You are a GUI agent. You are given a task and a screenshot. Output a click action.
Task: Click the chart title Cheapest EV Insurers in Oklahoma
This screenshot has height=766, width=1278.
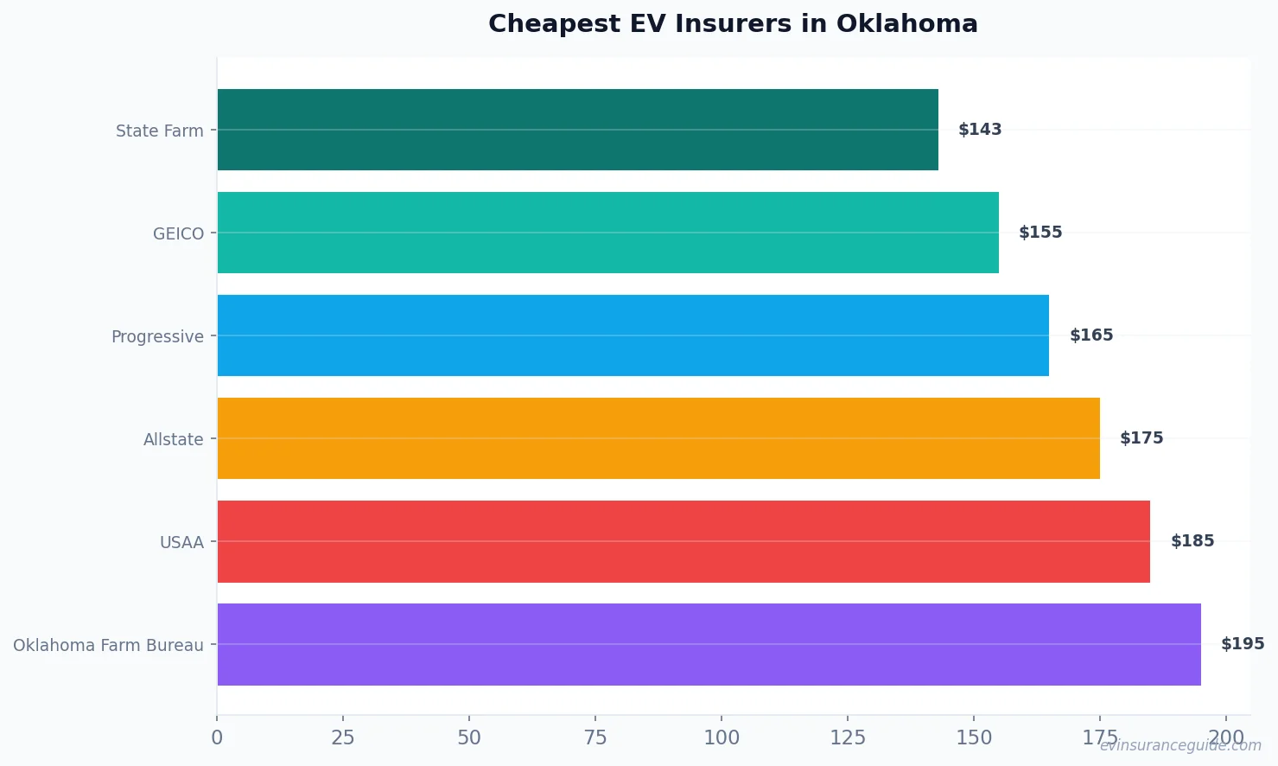[x=733, y=23]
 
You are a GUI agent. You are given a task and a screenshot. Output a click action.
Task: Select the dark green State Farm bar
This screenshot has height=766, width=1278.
[x=577, y=130]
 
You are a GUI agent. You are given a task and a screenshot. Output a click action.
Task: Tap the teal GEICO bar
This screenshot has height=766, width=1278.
[x=607, y=233]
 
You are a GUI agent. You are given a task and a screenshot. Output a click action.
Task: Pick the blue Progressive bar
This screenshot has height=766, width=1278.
[x=633, y=335]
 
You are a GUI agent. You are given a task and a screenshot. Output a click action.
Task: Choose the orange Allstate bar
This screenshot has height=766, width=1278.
[x=658, y=438]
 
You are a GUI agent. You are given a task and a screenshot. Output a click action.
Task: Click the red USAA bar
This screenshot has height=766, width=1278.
[x=683, y=541]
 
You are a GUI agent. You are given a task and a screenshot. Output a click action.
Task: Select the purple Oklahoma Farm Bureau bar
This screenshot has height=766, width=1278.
[x=709, y=644]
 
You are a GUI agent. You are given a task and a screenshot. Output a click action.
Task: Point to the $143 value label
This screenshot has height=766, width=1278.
[x=980, y=130]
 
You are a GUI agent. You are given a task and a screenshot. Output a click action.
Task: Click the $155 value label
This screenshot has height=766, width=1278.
[x=1040, y=233]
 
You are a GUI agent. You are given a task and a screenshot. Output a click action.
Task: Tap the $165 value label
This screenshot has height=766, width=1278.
[x=1091, y=335]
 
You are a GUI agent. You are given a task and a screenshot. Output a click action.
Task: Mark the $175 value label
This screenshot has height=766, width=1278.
[x=1141, y=438]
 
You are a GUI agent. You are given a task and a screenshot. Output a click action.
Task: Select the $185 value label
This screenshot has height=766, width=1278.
[x=1192, y=541]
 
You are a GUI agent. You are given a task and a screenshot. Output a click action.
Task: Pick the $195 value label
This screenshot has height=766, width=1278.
[x=1243, y=644]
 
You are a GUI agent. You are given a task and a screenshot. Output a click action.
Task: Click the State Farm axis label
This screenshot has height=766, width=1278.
[x=160, y=131]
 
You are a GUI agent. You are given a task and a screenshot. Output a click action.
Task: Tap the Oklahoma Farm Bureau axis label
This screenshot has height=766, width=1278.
[x=108, y=645]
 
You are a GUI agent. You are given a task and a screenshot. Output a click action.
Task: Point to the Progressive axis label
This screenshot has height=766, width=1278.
[x=157, y=336]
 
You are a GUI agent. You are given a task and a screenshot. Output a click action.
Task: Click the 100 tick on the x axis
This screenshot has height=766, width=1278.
[x=722, y=737]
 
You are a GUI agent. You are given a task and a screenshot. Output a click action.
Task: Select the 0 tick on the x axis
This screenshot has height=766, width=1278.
[x=217, y=737]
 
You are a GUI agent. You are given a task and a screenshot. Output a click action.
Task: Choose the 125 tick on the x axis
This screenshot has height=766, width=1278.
[x=848, y=737]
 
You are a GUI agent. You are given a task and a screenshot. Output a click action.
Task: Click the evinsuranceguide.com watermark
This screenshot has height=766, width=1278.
[x=1180, y=745]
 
